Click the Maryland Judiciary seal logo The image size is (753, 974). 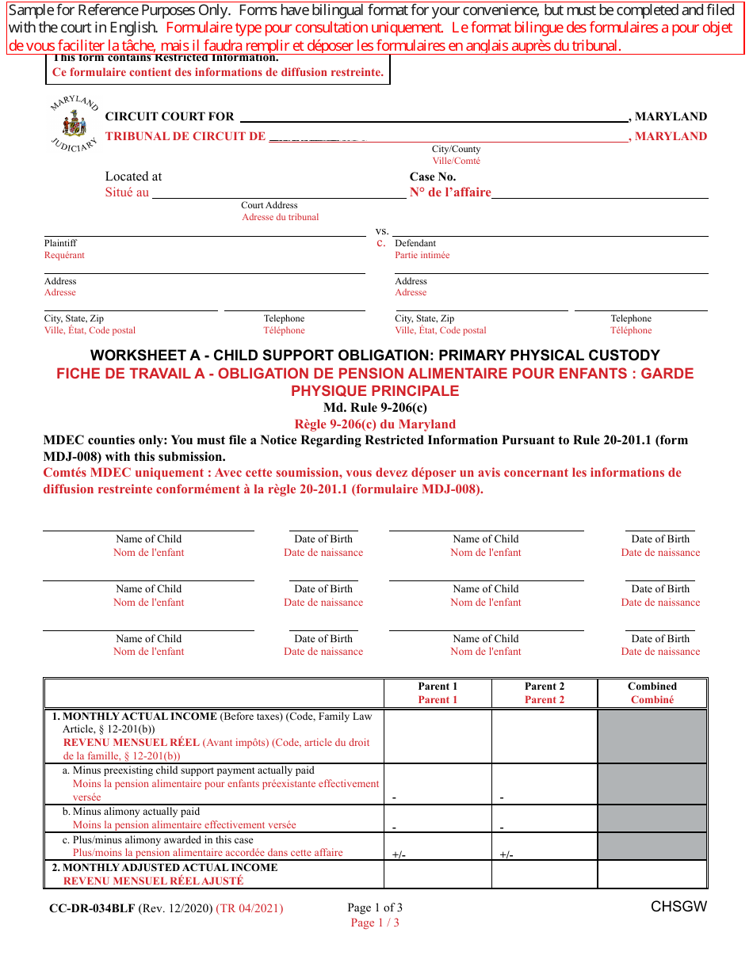coord(75,125)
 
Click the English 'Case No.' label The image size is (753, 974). coord(432,177)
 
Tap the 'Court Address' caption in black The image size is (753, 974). coord(269,205)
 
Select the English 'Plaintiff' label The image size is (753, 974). coord(60,243)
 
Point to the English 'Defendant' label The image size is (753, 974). coord(415,243)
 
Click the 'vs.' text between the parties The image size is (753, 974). coord(382,230)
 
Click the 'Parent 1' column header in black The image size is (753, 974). coord(438,687)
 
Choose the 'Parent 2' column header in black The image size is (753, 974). coord(545,687)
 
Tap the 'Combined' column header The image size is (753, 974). coord(652,687)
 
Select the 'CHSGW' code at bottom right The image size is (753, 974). coord(678,907)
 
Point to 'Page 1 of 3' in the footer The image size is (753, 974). coord(375,907)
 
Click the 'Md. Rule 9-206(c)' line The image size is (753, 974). coord(375,408)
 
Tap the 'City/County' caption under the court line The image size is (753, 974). coord(456,149)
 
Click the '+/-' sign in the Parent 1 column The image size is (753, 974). coord(399,854)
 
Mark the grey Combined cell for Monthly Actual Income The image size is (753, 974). coord(652,736)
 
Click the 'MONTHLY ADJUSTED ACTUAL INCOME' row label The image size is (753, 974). coord(170,867)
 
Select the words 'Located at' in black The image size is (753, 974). coord(133,177)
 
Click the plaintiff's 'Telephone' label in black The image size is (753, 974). coord(284,318)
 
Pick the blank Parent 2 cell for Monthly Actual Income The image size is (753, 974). coord(545,736)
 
